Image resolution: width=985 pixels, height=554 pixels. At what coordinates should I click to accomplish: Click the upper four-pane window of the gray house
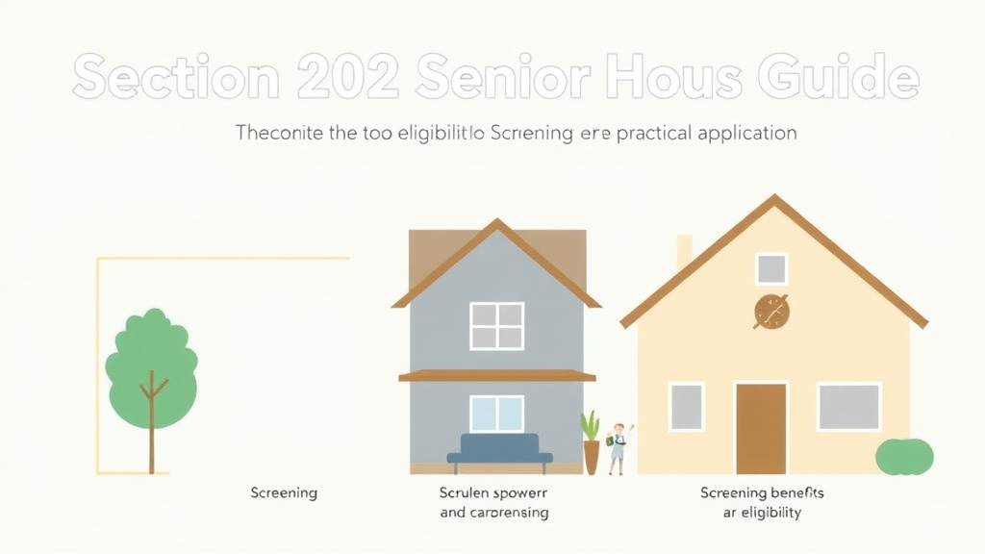(496, 326)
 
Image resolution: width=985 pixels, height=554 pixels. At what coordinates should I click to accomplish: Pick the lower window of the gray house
(496, 414)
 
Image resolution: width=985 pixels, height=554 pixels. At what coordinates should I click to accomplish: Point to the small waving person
(618, 447)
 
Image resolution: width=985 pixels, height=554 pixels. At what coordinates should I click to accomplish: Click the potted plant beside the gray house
(591, 442)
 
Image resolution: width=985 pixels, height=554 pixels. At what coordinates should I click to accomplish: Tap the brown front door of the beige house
(761, 428)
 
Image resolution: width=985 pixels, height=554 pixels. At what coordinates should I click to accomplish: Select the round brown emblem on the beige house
(771, 312)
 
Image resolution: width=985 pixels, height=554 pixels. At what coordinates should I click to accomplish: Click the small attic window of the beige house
(770, 268)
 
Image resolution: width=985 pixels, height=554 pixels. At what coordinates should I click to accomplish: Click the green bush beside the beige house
(904, 456)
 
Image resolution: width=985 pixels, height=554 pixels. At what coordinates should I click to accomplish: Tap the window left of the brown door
(686, 406)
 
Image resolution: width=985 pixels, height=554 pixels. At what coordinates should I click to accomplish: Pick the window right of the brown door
(848, 406)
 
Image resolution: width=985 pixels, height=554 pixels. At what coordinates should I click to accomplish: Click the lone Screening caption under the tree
(284, 492)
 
